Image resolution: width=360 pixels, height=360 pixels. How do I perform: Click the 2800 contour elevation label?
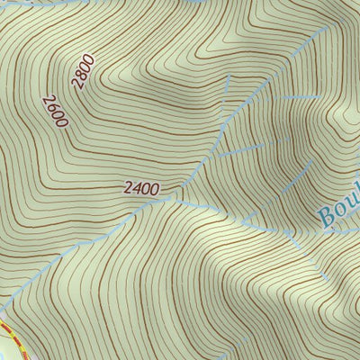tap(83, 71)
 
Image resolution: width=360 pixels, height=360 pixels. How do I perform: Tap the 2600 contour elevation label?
tap(54, 110)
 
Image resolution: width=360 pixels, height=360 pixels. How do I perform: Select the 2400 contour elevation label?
tap(141, 190)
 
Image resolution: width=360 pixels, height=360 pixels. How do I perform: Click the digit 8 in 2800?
tap(80, 76)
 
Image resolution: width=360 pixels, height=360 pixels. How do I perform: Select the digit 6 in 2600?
tap(51, 105)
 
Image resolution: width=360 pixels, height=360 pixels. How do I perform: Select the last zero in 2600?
tap(60, 121)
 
